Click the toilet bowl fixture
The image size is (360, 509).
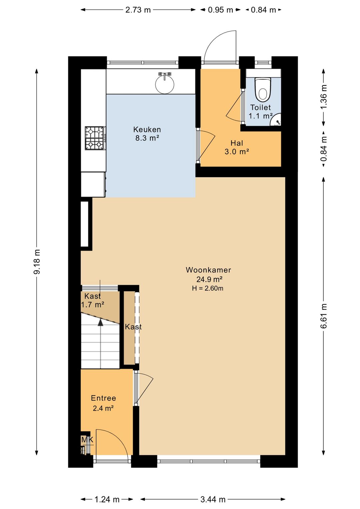click(x=263, y=89)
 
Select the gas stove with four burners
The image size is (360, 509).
click(x=95, y=138)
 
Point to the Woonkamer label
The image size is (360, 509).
click(x=208, y=270)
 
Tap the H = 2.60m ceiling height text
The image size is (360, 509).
click(x=208, y=289)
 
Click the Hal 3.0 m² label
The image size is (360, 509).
click(x=237, y=147)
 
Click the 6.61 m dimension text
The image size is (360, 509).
click(x=324, y=316)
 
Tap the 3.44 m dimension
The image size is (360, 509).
click(x=213, y=498)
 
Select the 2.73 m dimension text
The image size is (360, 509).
click(x=138, y=10)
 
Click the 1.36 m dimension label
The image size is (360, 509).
click(x=324, y=97)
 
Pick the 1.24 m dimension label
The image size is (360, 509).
click(x=107, y=498)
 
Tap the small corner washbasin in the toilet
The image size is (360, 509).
click(x=276, y=120)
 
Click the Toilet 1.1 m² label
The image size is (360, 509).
click(x=261, y=111)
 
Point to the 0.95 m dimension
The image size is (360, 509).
click(x=221, y=10)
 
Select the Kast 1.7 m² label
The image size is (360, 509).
click(x=93, y=300)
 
